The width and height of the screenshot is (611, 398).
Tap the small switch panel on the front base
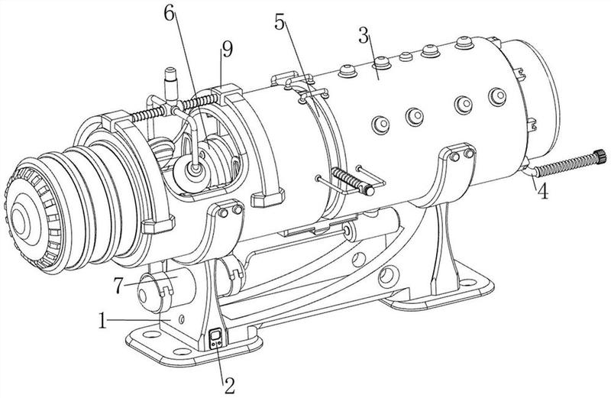(216, 338)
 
